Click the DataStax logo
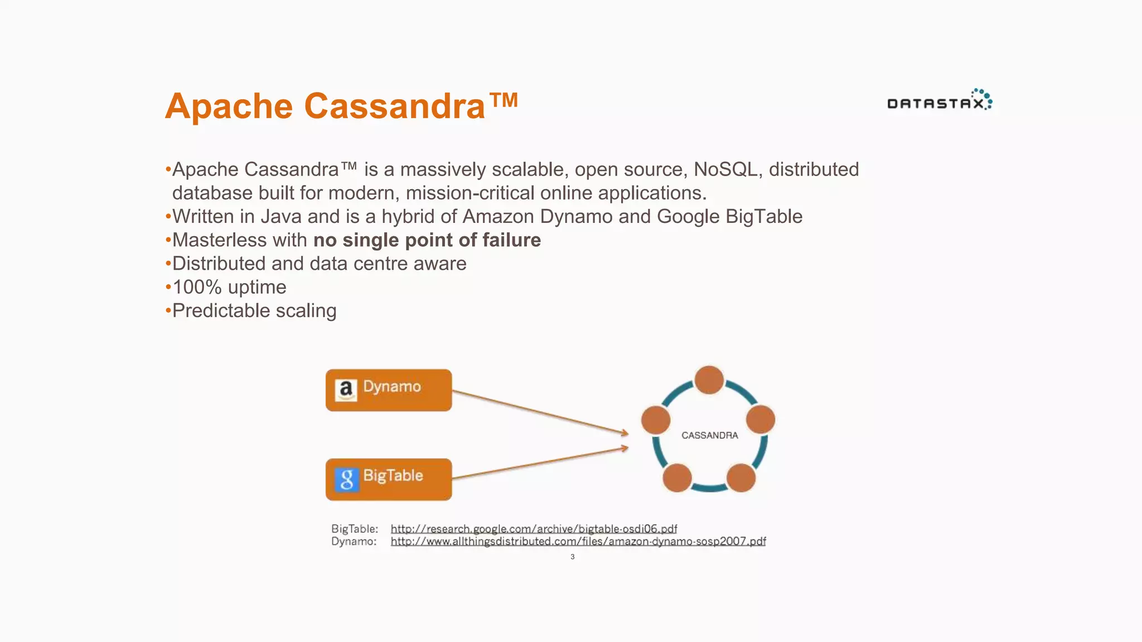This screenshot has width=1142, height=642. click(939, 100)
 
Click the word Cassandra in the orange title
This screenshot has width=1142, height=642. click(394, 106)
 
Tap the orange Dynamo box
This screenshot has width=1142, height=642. click(389, 390)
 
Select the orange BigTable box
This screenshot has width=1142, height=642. click(389, 479)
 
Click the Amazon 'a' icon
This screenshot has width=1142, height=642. click(346, 390)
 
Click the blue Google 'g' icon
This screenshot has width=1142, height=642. click(346, 479)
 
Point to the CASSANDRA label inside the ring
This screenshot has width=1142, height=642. click(709, 435)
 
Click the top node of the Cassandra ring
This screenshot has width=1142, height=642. click(709, 380)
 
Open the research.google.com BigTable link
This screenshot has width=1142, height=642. click(534, 528)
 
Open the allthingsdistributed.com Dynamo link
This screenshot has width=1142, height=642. click(578, 541)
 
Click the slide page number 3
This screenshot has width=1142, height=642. click(572, 557)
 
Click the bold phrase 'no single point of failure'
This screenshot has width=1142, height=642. click(427, 240)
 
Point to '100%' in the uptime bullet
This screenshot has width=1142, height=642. click(197, 287)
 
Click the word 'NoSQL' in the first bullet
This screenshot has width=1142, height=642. click(725, 169)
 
